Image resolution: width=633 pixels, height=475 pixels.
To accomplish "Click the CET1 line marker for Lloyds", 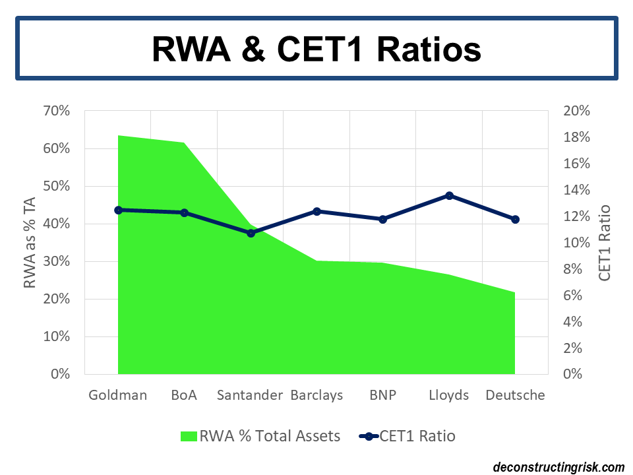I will pyautogui.click(x=449, y=195).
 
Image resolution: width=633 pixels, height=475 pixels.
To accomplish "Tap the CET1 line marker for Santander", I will pyautogui.click(x=251, y=233).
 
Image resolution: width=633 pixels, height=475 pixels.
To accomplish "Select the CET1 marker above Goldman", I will pyautogui.click(x=119, y=210).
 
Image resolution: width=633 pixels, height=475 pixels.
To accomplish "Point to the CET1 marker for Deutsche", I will pyautogui.click(x=515, y=219).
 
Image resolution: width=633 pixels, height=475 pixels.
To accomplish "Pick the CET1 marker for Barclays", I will pyautogui.click(x=316, y=211).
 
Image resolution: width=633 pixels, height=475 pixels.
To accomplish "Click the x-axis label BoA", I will pyautogui.click(x=184, y=395).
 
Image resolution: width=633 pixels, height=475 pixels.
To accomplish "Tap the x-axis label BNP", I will pyautogui.click(x=382, y=395).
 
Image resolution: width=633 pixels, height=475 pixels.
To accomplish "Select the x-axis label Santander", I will pyautogui.click(x=250, y=395).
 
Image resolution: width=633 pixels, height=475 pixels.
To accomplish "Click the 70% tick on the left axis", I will pyautogui.click(x=56, y=110).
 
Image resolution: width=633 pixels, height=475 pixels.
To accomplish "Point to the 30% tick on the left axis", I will pyautogui.click(x=56, y=261).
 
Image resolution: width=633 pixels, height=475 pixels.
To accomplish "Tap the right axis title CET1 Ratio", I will pyautogui.click(x=604, y=242).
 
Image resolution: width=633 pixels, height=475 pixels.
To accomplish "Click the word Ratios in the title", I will pyautogui.click(x=419, y=49).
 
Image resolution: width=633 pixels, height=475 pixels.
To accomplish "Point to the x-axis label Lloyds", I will pyautogui.click(x=448, y=395).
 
